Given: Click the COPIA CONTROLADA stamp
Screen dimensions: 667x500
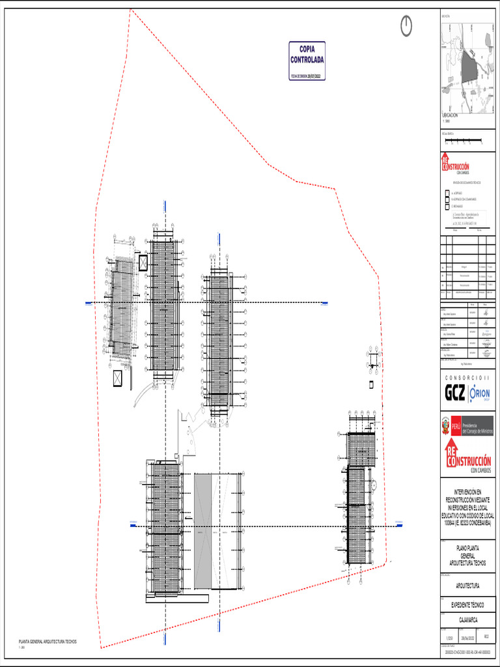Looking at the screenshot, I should coord(307,61).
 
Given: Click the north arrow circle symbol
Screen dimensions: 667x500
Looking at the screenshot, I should coord(406,25).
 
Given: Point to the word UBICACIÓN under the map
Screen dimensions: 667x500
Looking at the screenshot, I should coord(451,115).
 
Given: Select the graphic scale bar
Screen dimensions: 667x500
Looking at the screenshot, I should coord(462,140).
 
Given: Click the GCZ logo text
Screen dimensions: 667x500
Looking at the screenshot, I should coord(455,393).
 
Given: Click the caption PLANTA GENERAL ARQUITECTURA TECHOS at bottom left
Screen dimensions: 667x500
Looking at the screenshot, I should coord(48,642).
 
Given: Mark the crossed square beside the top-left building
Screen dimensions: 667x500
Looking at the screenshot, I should coord(143,263).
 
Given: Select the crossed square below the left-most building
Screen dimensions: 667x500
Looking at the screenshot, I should coord(118,378).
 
